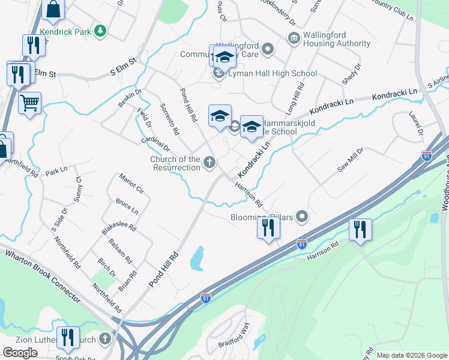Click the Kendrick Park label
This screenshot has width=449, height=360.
(x=63, y=29)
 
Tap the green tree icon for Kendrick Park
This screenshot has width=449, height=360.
(x=102, y=29)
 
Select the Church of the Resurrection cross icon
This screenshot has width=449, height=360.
(x=209, y=161)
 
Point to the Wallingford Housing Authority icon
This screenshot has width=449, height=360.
(x=294, y=39)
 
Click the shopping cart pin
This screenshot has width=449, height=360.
(x=29, y=104)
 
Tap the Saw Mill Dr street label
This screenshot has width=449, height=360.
(x=351, y=160)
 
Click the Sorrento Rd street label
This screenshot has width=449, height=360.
(x=169, y=118)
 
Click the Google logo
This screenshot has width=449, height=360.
(x=20, y=353)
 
